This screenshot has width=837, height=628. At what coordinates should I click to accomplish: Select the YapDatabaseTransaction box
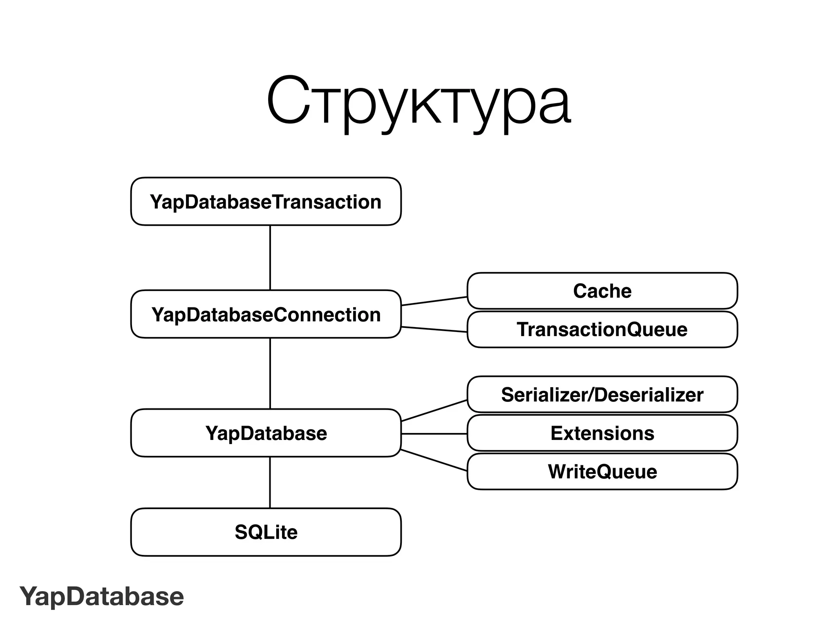266,202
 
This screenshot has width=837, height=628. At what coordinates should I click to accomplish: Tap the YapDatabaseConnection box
266,314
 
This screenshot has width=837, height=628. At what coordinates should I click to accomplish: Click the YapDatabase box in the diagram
266,433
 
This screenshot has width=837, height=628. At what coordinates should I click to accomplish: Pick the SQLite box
266,532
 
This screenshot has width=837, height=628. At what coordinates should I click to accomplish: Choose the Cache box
602,291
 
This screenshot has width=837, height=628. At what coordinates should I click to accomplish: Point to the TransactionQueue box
602,330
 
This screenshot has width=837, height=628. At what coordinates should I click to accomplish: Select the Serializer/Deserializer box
602,395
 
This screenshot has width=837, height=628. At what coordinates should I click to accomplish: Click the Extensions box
602,433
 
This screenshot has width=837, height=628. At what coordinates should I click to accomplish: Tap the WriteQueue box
602,471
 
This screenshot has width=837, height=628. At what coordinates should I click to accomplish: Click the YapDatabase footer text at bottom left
102,597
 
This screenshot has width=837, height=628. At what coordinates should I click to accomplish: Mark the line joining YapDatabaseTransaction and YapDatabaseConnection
270,258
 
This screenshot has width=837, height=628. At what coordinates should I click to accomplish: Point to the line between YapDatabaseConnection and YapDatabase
270,373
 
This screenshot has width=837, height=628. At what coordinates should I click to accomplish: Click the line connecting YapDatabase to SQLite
270,482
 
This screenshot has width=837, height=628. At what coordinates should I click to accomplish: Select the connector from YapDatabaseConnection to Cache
434,301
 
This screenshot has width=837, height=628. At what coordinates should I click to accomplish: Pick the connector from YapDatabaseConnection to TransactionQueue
434,329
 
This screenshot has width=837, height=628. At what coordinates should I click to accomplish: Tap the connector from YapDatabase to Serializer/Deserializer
434,410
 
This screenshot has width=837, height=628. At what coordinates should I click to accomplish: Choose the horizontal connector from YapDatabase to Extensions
434,433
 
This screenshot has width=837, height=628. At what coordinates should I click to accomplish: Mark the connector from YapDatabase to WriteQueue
434,460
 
